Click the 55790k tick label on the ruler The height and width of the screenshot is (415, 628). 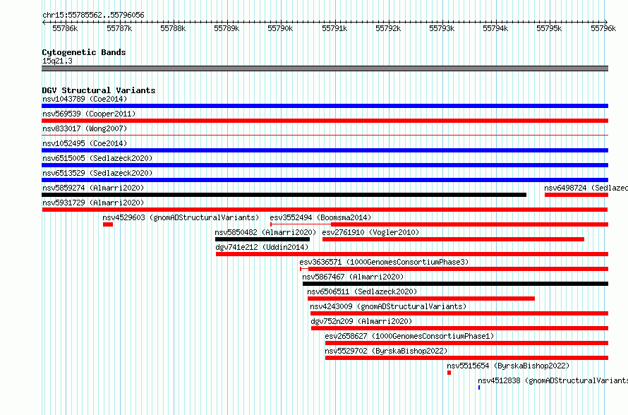(280, 28)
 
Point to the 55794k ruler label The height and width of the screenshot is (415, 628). (495, 28)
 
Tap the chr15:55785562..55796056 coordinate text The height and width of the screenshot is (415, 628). (93, 16)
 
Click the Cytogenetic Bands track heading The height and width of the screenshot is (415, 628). (84, 52)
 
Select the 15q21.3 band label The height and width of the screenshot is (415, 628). (57, 61)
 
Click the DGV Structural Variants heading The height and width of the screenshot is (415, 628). (99, 90)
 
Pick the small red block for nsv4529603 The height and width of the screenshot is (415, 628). (108, 224)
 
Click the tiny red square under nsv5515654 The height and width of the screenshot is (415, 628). (449, 373)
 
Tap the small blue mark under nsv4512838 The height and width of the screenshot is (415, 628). (479, 387)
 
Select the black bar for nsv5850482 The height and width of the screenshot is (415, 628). (262, 239)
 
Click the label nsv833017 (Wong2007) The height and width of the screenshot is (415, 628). (85, 128)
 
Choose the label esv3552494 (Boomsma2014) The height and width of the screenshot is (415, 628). (320, 217)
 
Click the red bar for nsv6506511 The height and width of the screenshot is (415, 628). (421, 299)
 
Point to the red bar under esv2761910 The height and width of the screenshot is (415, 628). (453, 239)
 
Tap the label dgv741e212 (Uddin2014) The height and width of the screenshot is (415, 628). (262, 247)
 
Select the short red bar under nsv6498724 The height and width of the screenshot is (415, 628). (576, 195)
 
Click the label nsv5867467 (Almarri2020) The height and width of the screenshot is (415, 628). (353, 277)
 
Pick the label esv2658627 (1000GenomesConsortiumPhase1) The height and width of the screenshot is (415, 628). (409, 336)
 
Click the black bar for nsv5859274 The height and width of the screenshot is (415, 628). (284, 195)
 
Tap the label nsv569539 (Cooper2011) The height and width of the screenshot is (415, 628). (89, 114)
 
